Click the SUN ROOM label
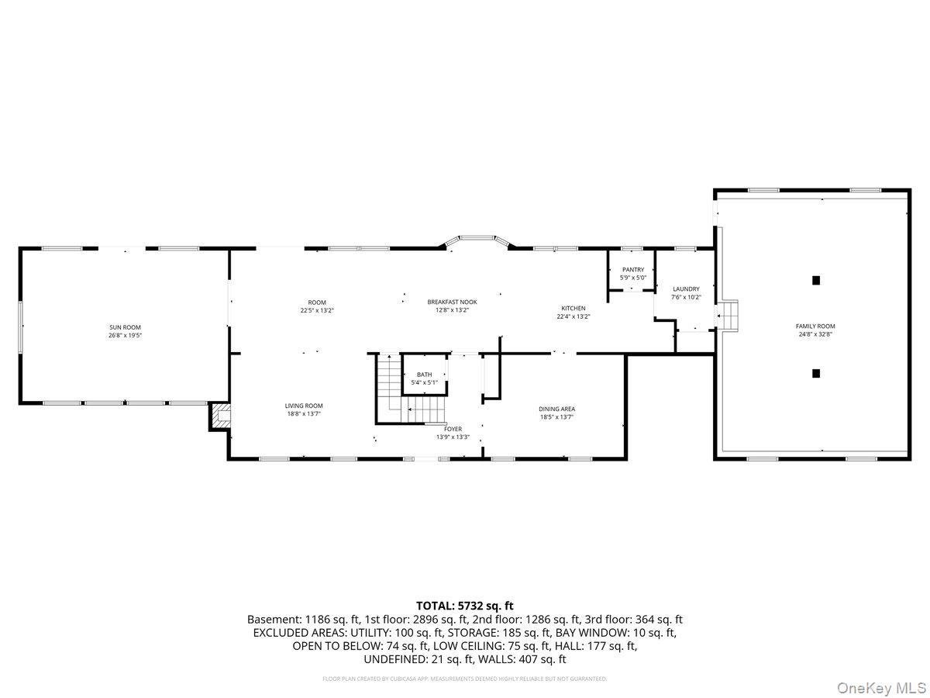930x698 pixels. [125, 327]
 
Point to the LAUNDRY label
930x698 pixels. [686, 289]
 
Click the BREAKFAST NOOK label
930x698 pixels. [452, 302]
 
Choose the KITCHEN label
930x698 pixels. [573, 308]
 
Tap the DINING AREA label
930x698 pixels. [557, 409]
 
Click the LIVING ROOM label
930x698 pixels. [304, 406]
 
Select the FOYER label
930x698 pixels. [453, 429]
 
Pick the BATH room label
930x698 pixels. [424, 375]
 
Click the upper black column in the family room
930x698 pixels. [815, 280]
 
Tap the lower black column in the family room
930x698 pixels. [815, 373]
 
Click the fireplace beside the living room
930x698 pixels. [219, 416]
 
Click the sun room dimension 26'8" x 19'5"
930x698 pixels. [125, 336]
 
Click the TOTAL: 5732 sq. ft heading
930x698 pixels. [465, 606]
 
